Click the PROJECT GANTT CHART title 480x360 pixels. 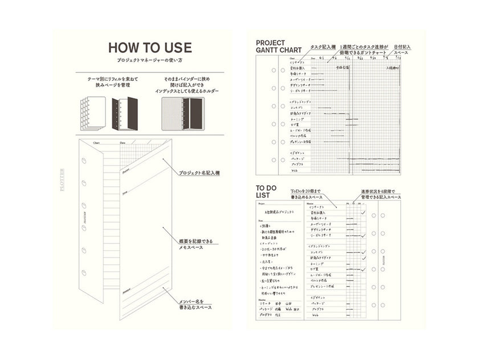(x=279, y=46)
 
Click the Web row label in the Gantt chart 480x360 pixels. (x=296, y=170)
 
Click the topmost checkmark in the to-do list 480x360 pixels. (x=363, y=213)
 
